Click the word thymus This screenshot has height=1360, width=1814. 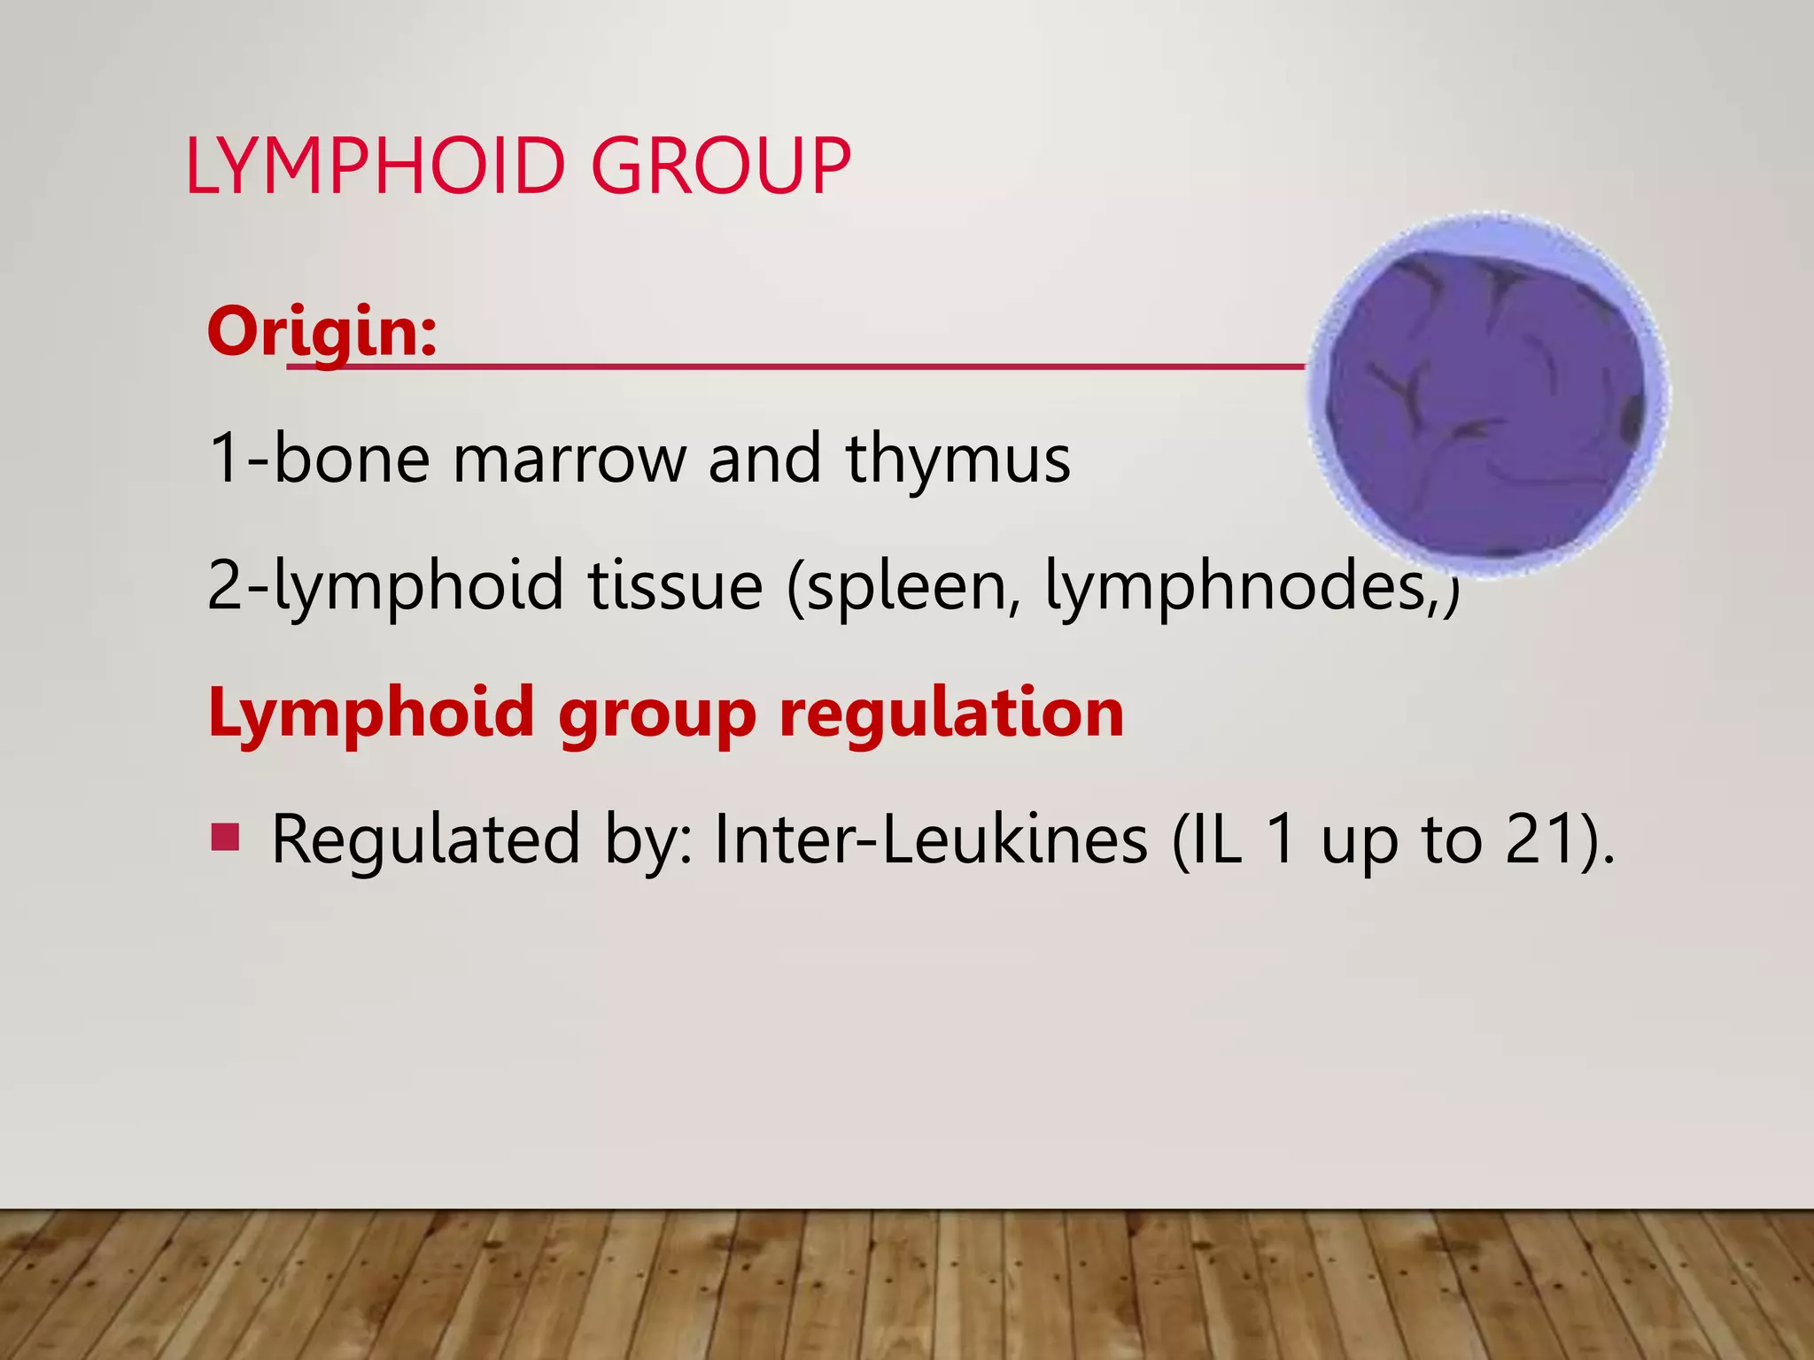pyautogui.click(x=958, y=460)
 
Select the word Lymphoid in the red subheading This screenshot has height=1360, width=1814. pyautogui.click(x=371, y=714)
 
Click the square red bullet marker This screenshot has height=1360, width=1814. pyautogui.click(x=225, y=836)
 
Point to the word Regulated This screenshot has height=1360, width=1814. pyautogui.click(x=425, y=839)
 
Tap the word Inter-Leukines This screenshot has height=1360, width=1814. pyautogui.click(x=930, y=839)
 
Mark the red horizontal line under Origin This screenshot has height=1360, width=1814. pyautogui.click(x=797, y=365)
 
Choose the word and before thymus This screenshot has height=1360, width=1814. pyautogui.click(x=764, y=460)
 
